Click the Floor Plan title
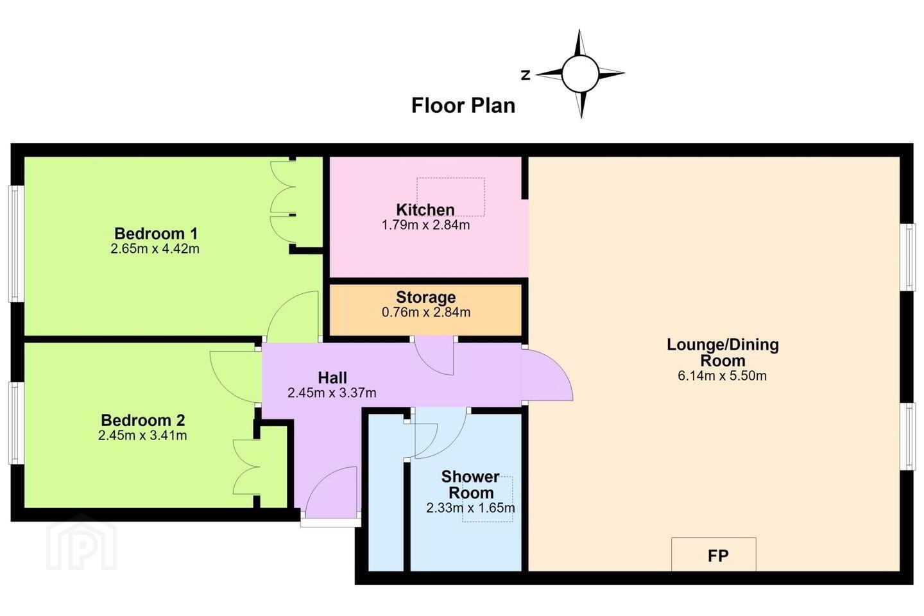[x=463, y=106]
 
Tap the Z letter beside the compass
[x=526, y=75]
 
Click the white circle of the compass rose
[x=580, y=74]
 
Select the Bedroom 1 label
[x=156, y=234]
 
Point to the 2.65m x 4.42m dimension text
[x=155, y=249]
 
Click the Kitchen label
[x=425, y=210]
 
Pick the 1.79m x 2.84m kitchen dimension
[x=425, y=225]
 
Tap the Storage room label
[x=425, y=297]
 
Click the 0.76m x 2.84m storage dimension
[x=426, y=312]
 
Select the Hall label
[x=332, y=377]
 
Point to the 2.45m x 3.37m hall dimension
[x=332, y=393]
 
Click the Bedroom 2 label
[x=142, y=420]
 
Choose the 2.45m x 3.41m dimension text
[x=142, y=435]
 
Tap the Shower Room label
[x=471, y=485]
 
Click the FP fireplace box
[x=714, y=554]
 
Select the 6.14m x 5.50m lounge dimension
[x=723, y=376]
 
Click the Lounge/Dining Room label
[x=723, y=352]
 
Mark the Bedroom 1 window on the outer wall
[x=16, y=244]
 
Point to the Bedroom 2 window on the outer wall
[x=16, y=424]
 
